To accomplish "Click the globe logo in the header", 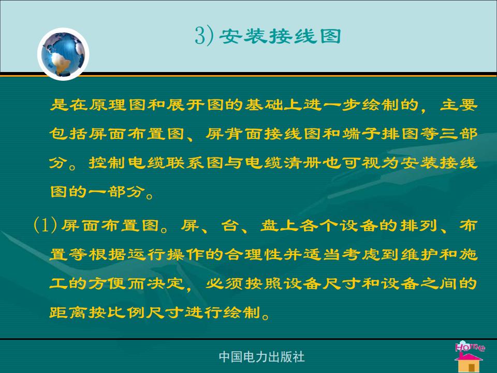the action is tap(63, 54).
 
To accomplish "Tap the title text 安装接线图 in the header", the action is tap(280, 36).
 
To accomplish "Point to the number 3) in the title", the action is tap(204, 36).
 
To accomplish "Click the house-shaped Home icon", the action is tap(469, 356).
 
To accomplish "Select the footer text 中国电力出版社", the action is tap(261, 357).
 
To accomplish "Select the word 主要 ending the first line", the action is tap(458, 104).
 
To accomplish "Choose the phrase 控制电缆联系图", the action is tap(156, 163).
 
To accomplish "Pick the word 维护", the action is tap(419, 254).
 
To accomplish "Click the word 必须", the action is tap(224, 283).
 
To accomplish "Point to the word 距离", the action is tap(68, 312).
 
